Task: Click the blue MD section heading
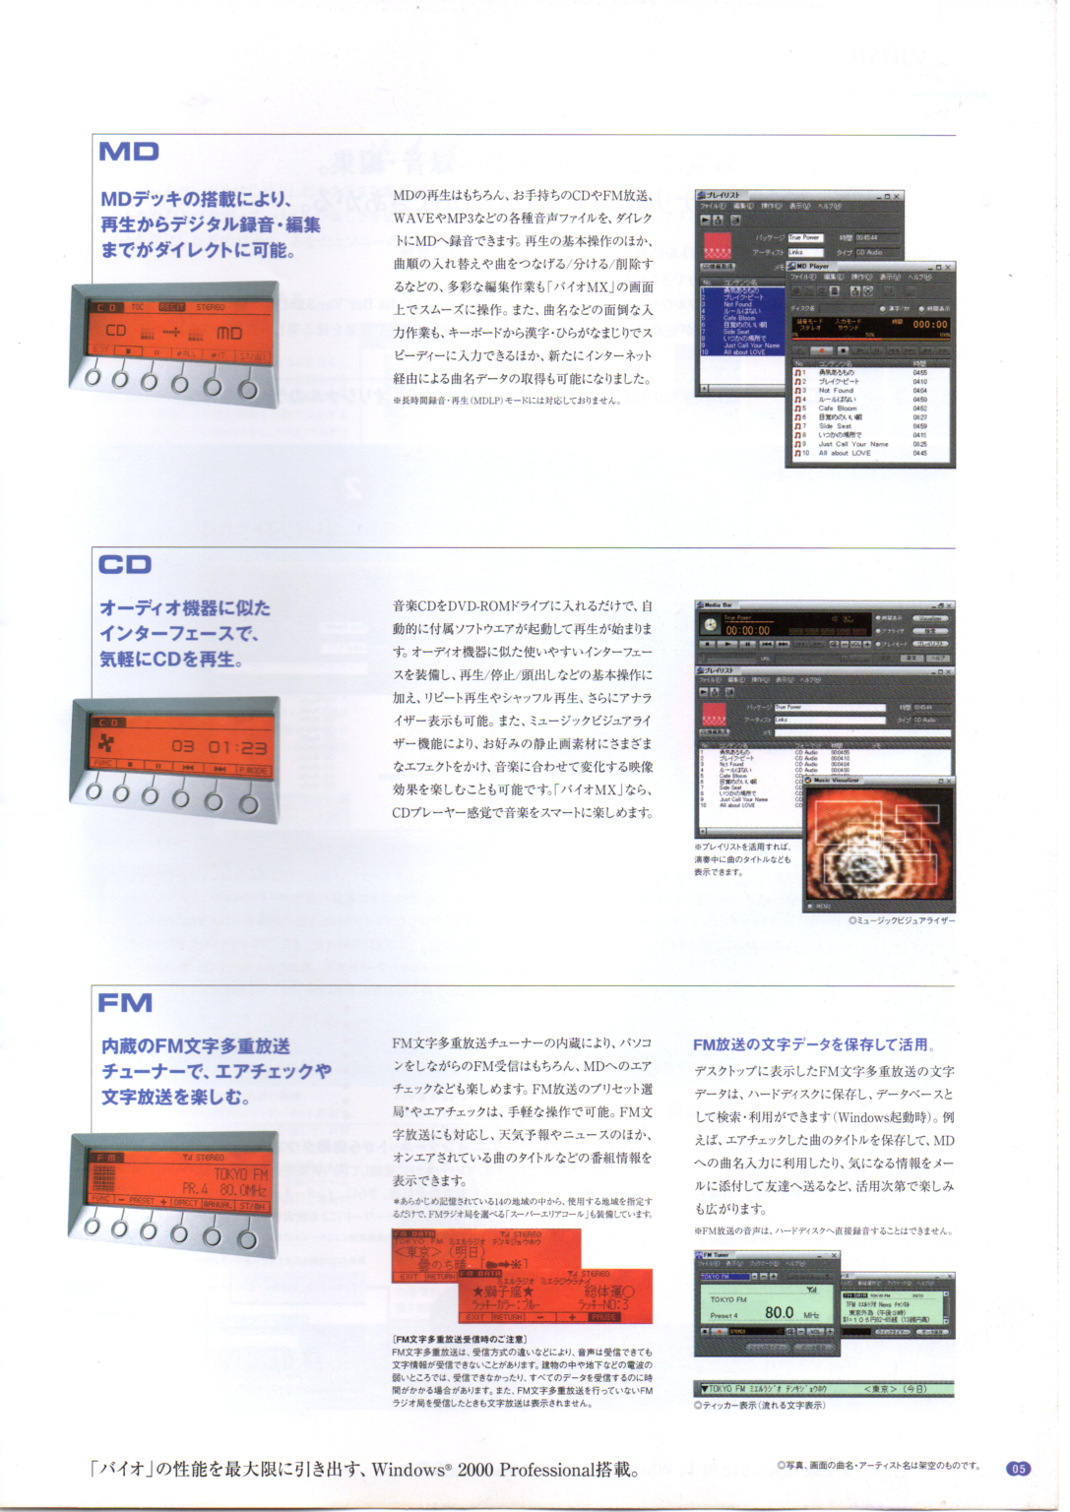pos(128,152)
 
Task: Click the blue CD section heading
pos(124,564)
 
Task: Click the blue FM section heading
pos(125,1003)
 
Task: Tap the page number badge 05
pos(1018,1468)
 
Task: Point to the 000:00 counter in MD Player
pos(929,324)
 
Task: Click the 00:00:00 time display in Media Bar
pos(748,630)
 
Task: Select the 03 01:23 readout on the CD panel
pos(219,746)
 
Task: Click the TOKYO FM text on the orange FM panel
pos(241,1173)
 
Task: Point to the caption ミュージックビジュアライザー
pos(902,920)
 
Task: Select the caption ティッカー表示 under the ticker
pos(759,1405)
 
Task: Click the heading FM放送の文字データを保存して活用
pos(813,1044)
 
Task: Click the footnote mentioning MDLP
pos(506,401)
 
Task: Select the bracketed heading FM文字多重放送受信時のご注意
pos(460,1339)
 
